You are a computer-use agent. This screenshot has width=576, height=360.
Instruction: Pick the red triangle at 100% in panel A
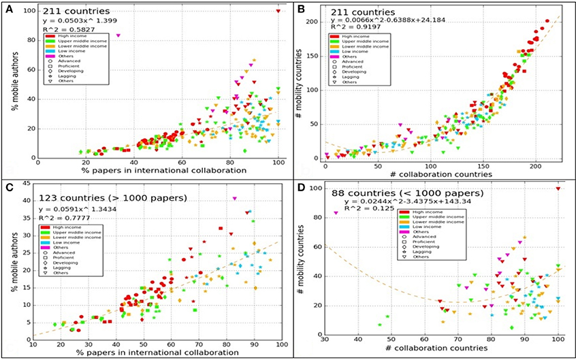pos(278,10)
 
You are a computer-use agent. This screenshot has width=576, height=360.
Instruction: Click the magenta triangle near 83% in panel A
pos(118,35)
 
